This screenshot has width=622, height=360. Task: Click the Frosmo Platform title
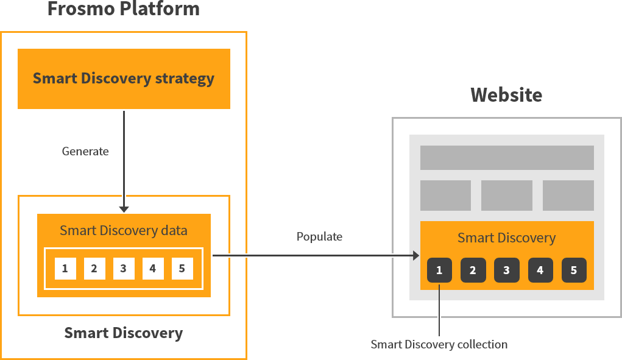(123, 10)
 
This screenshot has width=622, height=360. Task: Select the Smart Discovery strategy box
(124, 79)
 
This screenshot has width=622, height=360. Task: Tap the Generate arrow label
(85, 151)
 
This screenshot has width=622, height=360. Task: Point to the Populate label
(319, 236)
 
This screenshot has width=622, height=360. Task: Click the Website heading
(506, 95)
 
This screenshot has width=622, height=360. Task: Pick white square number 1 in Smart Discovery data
(65, 269)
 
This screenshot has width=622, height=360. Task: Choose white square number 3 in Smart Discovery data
(124, 269)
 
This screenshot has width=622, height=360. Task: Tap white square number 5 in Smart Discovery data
(182, 269)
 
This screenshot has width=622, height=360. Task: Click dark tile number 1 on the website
(439, 270)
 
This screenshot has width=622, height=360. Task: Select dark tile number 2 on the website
(473, 270)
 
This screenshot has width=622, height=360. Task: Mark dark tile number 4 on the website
(540, 270)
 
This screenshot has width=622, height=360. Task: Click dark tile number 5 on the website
(574, 270)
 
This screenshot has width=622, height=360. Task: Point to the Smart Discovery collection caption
(439, 345)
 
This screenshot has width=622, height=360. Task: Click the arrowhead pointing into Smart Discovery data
(124, 209)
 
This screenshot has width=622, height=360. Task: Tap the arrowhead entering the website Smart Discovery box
(417, 255)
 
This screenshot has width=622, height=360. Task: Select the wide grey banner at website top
(507, 158)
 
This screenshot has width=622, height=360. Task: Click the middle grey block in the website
(507, 196)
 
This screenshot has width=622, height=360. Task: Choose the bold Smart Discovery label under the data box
(124, 333)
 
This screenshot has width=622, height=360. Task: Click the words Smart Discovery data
(124, 231)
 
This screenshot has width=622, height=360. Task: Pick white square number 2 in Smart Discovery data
(94, 269)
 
